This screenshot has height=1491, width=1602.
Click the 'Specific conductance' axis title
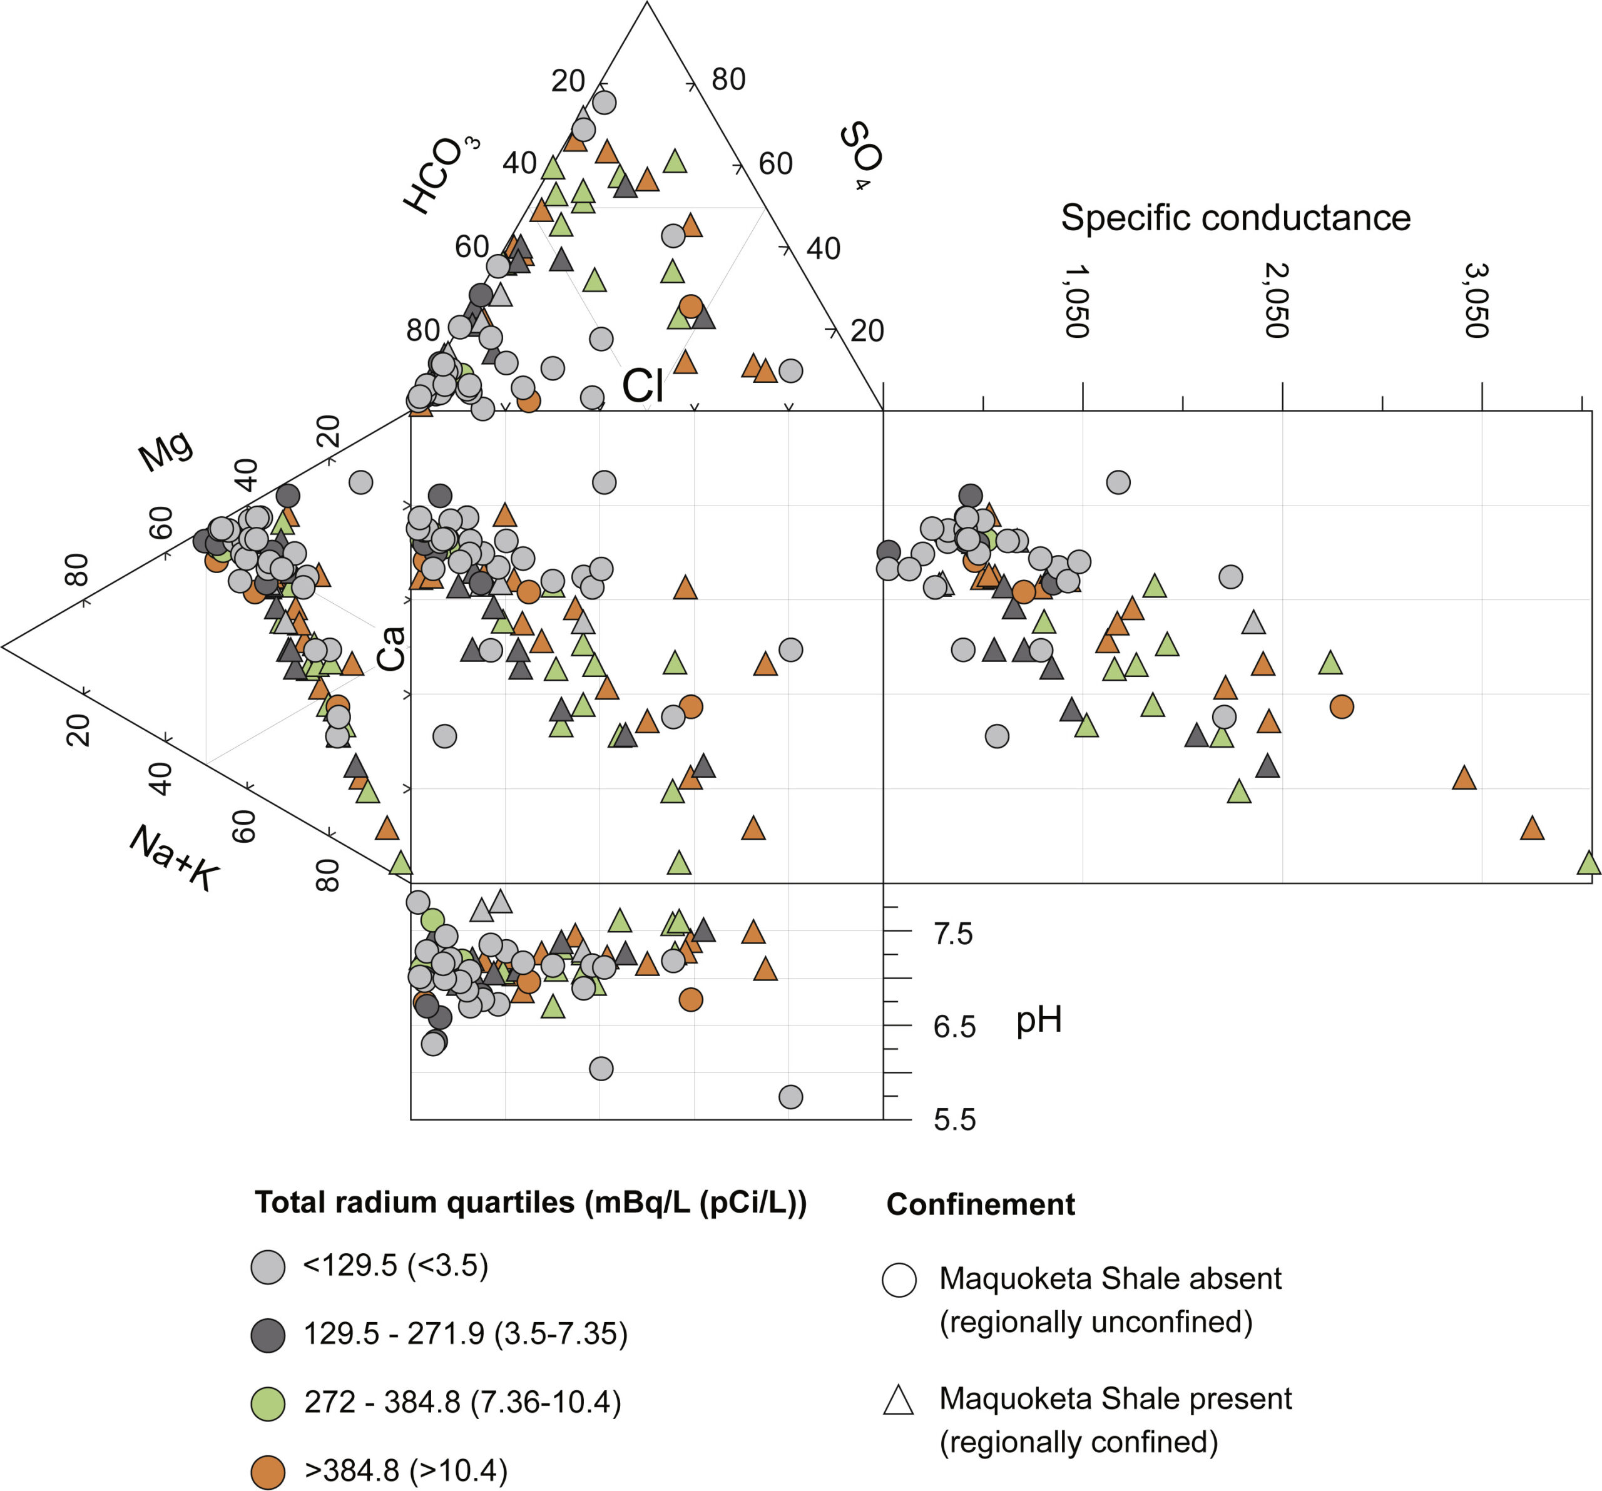pyautogui.click(x=1235, y=218)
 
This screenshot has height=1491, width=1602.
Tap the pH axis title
pyautogui.click(x=1039, y=1020)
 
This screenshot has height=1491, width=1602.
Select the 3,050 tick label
pyautogui.click(x=1476, y=300)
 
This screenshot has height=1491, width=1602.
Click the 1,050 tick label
pyautogui.click(x=1076, y=300)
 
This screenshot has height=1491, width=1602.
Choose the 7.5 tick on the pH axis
pyautogui.click(x=953, y=934)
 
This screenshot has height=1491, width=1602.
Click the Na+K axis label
pyautogui.click(x=174, y=857)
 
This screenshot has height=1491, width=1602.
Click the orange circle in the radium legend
pyautogui.click(x=268, y=1471)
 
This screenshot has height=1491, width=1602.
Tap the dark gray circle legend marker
pyautogui.click(x=268, y=1335)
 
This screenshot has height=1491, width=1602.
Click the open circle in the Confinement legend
pyautogui.click(x=899, y=1280)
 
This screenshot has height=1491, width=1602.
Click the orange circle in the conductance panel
pyautogui.click(x=1341, y=707)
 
